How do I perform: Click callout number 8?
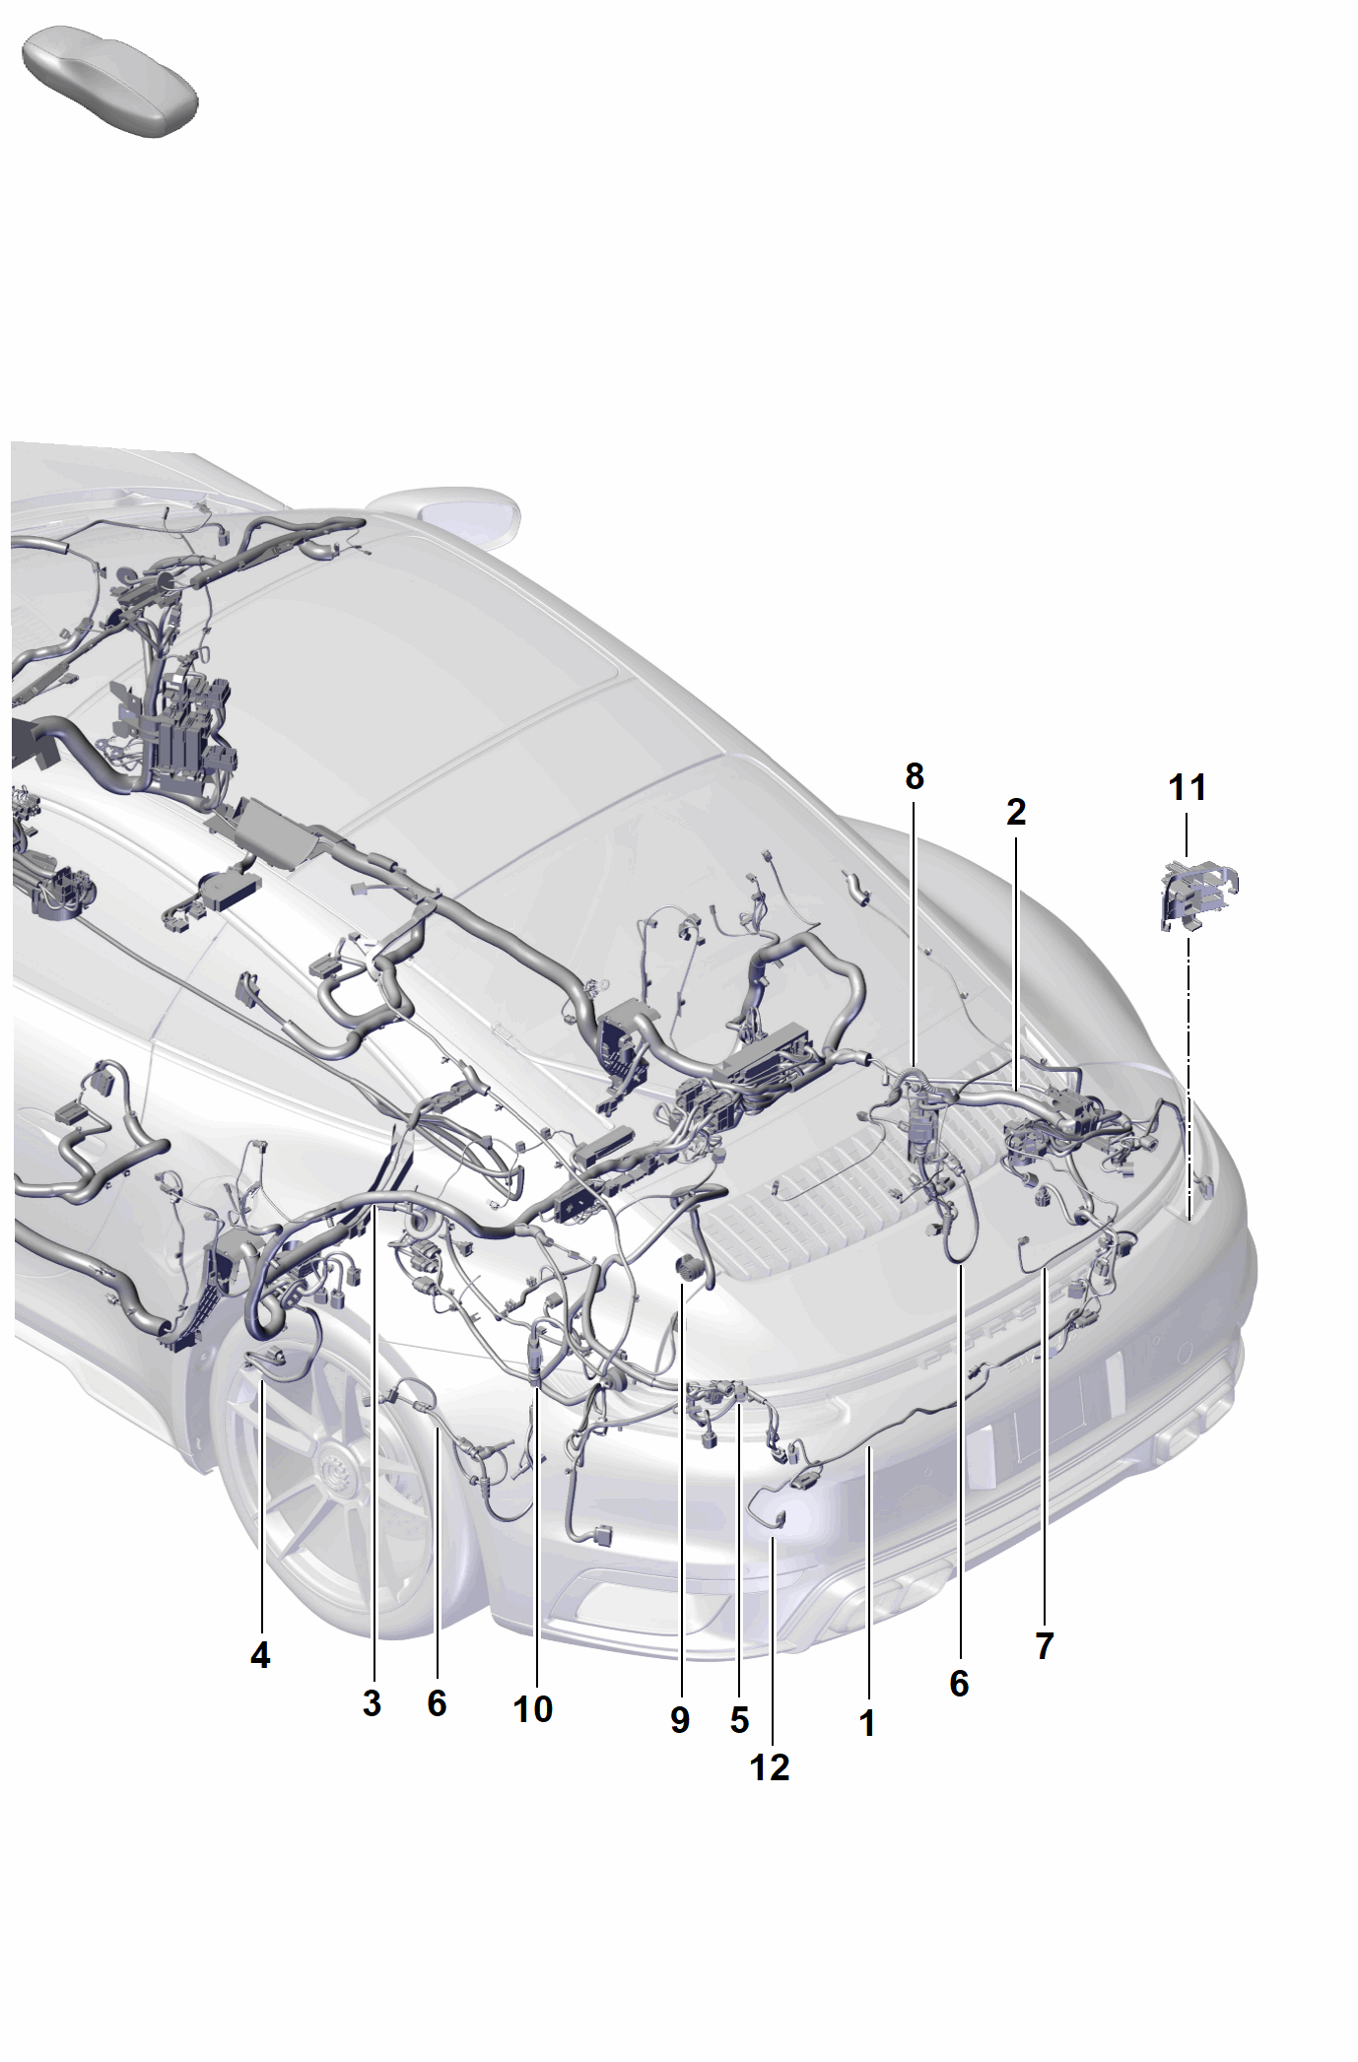tap(915, 777)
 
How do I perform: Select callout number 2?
tap(1016, 812)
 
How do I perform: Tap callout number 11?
tap(1188, 788)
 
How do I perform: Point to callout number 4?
tap(260, 1656)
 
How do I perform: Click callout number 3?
tap(372, 1703)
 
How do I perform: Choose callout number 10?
tap(533, 1709)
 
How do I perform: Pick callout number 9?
tap(680, 1720)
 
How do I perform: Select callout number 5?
tap(740, 1720)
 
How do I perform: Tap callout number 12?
tap(770, 1767)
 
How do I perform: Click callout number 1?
tap(867, 1723)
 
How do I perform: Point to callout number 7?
tap(1045, 1645)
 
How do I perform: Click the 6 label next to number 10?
tap(437, 1703)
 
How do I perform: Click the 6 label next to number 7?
tap(959, 1684)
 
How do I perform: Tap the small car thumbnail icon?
tap(110, 83)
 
